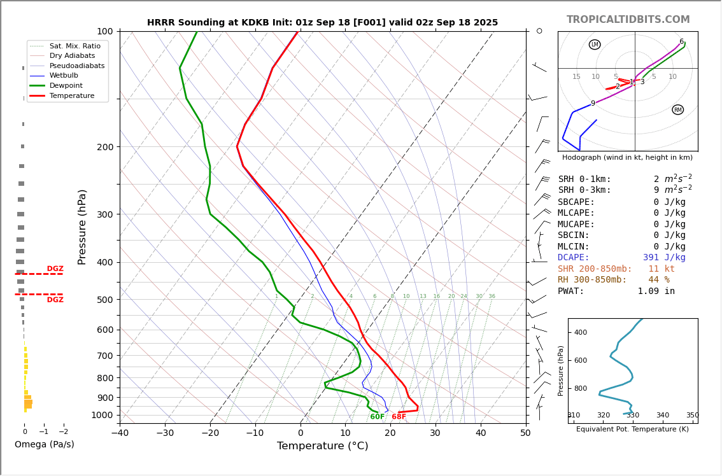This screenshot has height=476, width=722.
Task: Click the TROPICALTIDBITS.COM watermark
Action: tap(628, 20)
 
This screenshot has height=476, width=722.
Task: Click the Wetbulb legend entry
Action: tap(64, 75)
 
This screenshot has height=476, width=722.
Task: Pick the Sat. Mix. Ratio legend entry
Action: tap(74, 46)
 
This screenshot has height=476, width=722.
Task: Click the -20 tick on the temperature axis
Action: tap(210, 433)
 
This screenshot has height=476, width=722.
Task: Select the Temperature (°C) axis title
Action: tap(322, 446)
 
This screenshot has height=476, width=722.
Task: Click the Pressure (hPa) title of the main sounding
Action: tap(83, 227)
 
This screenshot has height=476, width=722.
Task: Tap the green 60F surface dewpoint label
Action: tap(378, 417)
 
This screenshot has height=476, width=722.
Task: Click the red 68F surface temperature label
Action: tap(399, 417)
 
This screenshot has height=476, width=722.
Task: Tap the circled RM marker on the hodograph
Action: tap(677, 109)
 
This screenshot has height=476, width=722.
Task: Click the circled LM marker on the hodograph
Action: tap(595, 45)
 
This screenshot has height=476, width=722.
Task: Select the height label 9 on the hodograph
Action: tap(593, 104)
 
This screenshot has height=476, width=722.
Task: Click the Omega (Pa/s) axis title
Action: tap(44, 444)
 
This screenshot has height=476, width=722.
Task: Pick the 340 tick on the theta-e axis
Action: tap(662, 416)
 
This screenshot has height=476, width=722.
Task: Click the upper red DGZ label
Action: tap(55, 269)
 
